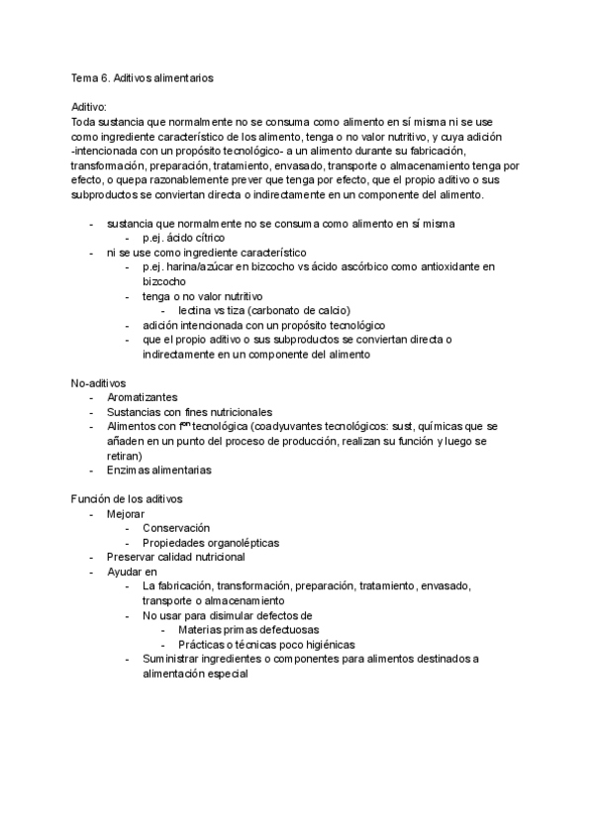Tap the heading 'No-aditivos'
coord(97,382)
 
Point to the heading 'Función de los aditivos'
coord(126,498)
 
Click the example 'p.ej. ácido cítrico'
coord(183,238)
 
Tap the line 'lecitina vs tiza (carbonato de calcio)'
coord(264,310)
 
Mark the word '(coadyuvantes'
coord(260,427)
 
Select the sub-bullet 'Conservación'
coord(176,528)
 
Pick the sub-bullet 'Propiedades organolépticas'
coord(211,543)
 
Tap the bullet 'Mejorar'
coord(126,513)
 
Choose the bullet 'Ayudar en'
coord(132,572)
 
